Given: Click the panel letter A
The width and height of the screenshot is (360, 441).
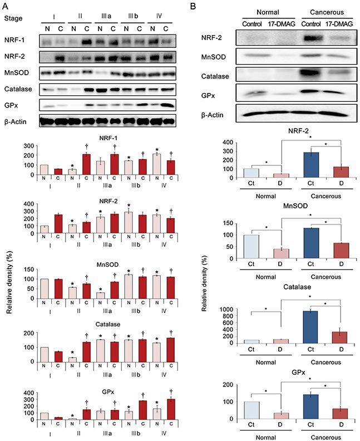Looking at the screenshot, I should tap(7, 7).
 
